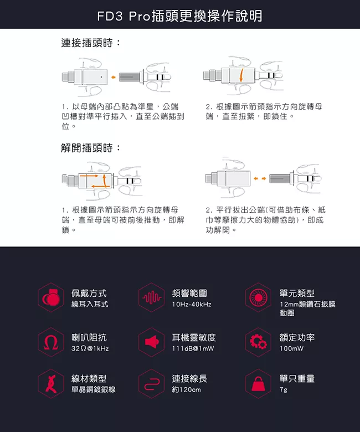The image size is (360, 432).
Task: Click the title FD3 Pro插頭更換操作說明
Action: tap(179, 16)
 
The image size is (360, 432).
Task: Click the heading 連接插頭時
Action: tap(91, 43)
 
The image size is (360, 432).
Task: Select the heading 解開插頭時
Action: tap(91, 148)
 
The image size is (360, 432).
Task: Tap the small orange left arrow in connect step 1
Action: tap(113, 78)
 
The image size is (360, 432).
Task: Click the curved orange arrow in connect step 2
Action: tap(241, 75)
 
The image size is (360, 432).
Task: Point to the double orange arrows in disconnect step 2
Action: tap(260, 178)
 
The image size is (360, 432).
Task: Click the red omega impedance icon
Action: tap(51, 342)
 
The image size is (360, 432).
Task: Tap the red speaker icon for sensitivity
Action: tap(152, 342)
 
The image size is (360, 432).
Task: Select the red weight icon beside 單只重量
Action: tap(258, 384)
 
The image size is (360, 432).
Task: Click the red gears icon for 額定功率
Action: tap(258, 342)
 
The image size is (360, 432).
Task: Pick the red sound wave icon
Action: tap(152, 297)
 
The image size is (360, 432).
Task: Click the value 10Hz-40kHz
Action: tap(192, 305)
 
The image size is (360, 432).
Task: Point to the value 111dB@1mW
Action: tap(193, 348)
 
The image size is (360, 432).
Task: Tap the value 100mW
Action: tap(291, 348)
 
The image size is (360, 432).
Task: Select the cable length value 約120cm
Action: tap(187, 389)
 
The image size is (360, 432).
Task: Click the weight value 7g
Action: tap(284, 390)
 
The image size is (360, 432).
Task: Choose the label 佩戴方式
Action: tap(89, 293)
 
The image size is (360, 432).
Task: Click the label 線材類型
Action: tap(89, 378)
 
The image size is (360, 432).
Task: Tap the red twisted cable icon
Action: tap(52, 384)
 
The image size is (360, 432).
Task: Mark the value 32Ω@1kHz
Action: tap(90, 348)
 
